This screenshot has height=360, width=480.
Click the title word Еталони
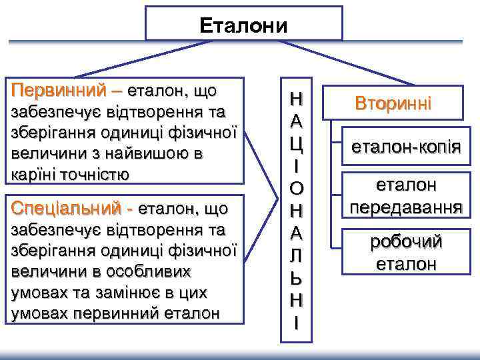(243, 25)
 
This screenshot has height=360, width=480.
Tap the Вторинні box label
(393, 103)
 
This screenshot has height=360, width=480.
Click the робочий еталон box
(406, 252)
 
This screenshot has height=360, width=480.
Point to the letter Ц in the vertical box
(297, 142)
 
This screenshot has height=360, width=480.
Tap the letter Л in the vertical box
(297, 255)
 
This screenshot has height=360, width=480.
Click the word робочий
(406, 242)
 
